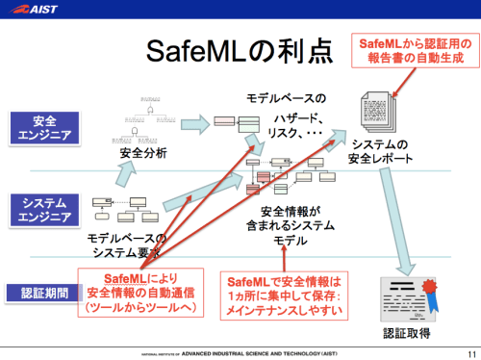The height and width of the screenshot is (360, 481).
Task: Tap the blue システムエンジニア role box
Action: click(43, 210)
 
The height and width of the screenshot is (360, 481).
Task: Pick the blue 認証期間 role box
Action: click(43, 292)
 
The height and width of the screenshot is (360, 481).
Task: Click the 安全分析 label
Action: click(142, 152)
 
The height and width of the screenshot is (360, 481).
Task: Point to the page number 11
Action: click(468, 351)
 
